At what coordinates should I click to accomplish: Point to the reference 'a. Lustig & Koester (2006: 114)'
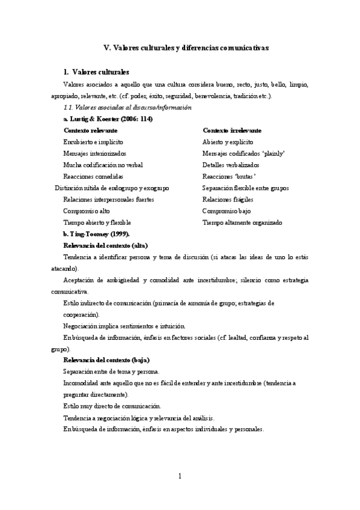click(x=108, y=118)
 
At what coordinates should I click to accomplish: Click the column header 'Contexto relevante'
click(x=90, y=131)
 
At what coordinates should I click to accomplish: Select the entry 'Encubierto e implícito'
click(x=93, y=142)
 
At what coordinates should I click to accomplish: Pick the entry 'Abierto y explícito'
click(x=228, y=142)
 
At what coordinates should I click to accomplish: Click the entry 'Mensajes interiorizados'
click(x=94, y=153)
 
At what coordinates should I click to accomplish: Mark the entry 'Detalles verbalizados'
click(x=231, y=165)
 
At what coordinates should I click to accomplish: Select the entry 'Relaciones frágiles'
click(x=228, y=199)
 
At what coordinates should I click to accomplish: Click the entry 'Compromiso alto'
click(x=87, y=211)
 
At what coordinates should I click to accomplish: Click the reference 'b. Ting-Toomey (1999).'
click(x=96, y=234)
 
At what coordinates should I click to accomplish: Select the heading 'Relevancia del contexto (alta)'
click(x=105, y=245)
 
